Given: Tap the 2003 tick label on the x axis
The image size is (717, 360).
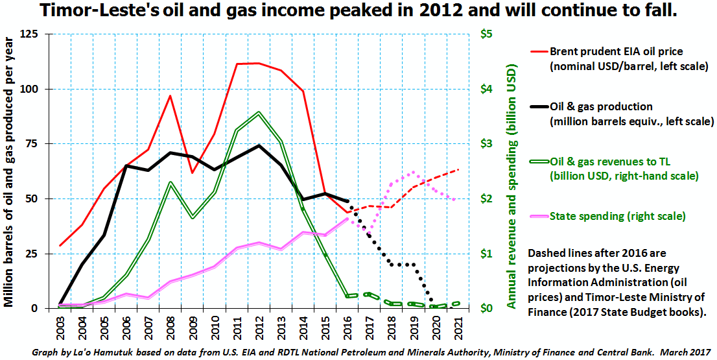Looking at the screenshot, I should tap(60, 326).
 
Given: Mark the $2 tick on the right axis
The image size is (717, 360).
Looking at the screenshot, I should tap(486, 199).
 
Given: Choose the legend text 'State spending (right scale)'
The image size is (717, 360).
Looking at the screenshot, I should tap(617, 216).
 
